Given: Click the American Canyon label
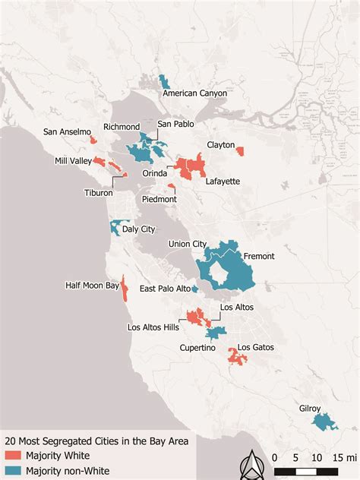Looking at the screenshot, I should click(195, 93).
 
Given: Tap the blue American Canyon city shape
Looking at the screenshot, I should click(163, 81).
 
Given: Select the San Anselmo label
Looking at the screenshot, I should click(66, 131).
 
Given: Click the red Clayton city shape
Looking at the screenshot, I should click(240, 150).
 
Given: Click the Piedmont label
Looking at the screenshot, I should click(159, 199).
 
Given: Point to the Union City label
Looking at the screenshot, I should click(188, 244).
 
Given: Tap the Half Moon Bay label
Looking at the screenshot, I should click(93, 286).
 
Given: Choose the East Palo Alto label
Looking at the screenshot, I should click(164, 289).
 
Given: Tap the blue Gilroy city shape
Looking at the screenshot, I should click(326, 422).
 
